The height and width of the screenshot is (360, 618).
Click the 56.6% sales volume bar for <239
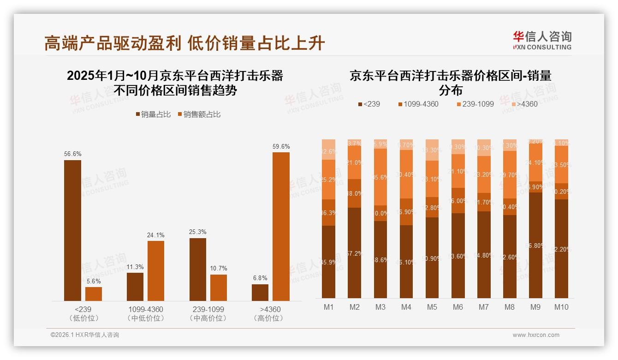[72, 230]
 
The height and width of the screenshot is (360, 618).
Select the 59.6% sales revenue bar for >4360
[281, 226]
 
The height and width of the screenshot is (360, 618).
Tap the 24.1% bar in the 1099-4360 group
[156, 270]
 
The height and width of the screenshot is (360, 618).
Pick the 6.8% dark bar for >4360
[260, 292]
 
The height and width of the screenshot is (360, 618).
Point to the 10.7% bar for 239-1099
[219, 288]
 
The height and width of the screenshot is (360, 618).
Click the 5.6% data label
[93, 281]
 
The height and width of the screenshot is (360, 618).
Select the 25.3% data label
[197, 232]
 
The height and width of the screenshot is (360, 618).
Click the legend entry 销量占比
[153, 114]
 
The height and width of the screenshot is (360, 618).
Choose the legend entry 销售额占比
[199, 114]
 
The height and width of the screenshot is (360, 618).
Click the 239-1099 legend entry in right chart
[475, 104]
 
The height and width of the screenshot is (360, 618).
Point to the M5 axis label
[432, 307]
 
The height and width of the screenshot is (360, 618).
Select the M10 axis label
[561, 307]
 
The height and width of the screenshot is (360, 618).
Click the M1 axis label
[328, 307]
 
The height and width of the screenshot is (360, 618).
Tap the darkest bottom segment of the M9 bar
[535, 245]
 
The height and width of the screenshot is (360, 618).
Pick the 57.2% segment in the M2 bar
[354, 253]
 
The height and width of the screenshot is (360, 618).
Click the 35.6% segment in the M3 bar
[380, 177]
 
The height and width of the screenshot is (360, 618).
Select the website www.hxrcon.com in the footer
[536, 335]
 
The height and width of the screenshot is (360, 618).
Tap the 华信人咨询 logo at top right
[542, 40]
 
